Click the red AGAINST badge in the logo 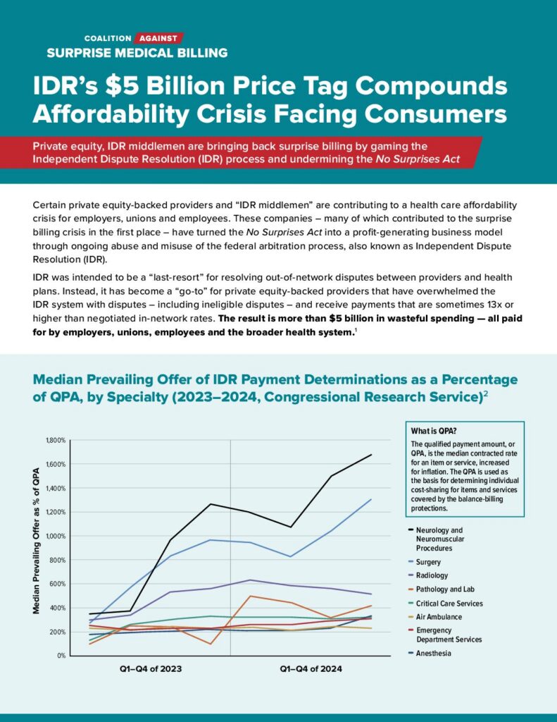pyautogui.click(x=159, y=37)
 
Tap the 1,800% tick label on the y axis pyautogui.click(x=55, y=440)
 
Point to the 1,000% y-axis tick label pyautogui.click(x=55, y=536)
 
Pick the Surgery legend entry pyautogui.click(x=429, y=562)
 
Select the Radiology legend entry pyautogui.click(x=432, y=575)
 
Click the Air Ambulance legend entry pyautogui.click(x=439, y=617)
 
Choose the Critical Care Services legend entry pyautogui.click(x=449, y=604)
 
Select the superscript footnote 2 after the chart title pyautogui.click(x=486, y=396)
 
